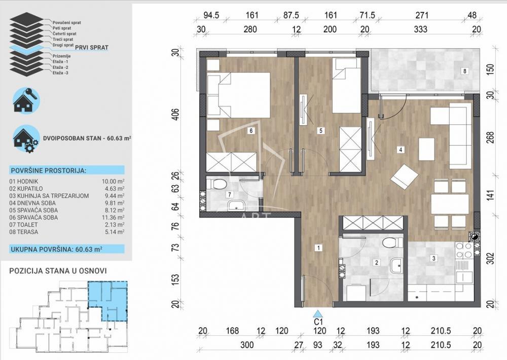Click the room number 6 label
click(250, 131)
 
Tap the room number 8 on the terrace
click(464, 71)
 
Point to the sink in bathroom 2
click(396, 266)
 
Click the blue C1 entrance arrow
click(318, 313)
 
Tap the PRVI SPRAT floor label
click(91, 48)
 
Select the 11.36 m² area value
click(113, 218)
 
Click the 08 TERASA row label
click(24, 232)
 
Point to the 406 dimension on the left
click(175, 114)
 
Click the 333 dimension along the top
click(420, 29)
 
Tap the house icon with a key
click(26, 100)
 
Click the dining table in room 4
click(450, 204)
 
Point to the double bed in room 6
click(238, 95)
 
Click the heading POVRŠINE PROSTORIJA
click(49, 170)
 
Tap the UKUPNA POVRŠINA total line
click(57, 249)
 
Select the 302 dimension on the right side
click(490, 259)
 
